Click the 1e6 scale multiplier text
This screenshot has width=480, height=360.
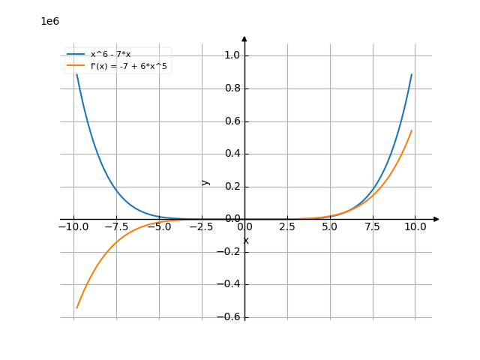coord(50,21)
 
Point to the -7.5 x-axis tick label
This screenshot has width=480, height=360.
coord(115,226)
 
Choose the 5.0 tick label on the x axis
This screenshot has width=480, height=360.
coord(330,226)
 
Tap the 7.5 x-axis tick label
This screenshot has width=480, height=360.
coord(373,226)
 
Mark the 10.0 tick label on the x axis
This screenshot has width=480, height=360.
coord(415,226)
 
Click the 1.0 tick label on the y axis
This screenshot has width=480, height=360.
coord(232,55)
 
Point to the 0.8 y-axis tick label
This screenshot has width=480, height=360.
coord(232,88)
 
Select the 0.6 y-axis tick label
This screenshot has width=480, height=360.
coord(232,121)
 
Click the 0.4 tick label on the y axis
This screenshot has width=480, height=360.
coord(232,154)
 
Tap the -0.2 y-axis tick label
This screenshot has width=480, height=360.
coord(230,252)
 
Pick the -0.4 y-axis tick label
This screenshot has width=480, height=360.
coord(230,284)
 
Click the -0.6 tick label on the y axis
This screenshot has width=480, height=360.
coord(230,317)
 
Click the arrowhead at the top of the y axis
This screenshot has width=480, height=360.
coord(244,38)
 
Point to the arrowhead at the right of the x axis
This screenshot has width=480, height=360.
coord(436,219)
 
